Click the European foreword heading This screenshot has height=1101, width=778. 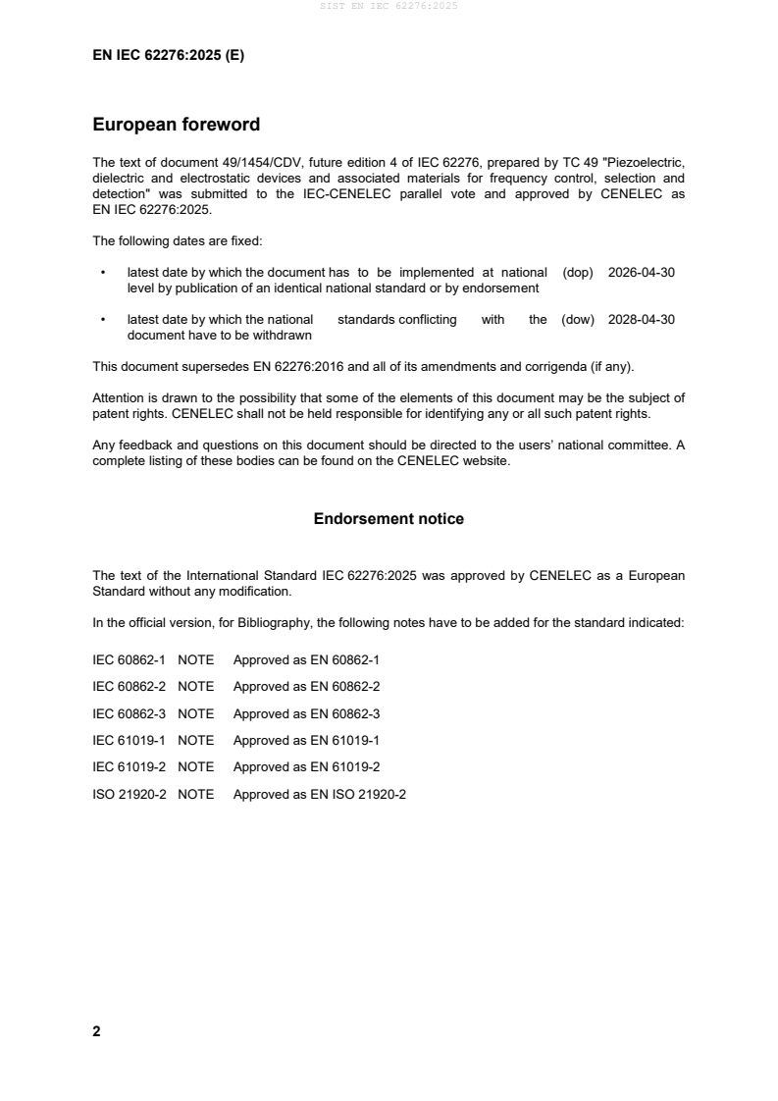(x=176, y=125)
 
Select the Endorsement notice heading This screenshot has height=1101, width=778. (x=389, y=519)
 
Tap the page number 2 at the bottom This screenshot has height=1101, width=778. (x=96, y=1031)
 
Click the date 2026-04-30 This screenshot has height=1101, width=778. (x=642, y=273)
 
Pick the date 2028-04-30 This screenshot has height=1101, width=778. (x=642, y=320)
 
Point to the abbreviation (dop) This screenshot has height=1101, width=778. (x=578, y=273)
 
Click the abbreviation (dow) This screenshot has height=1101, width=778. (x=578, y=320)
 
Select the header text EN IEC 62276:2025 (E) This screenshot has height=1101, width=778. (x=168, y=56)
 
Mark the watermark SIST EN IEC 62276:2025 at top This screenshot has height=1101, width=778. (x=389, y=6)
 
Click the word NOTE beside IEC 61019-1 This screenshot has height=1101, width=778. (x=195, y=741)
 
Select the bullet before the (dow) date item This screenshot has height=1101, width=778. (x=103, y=320)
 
